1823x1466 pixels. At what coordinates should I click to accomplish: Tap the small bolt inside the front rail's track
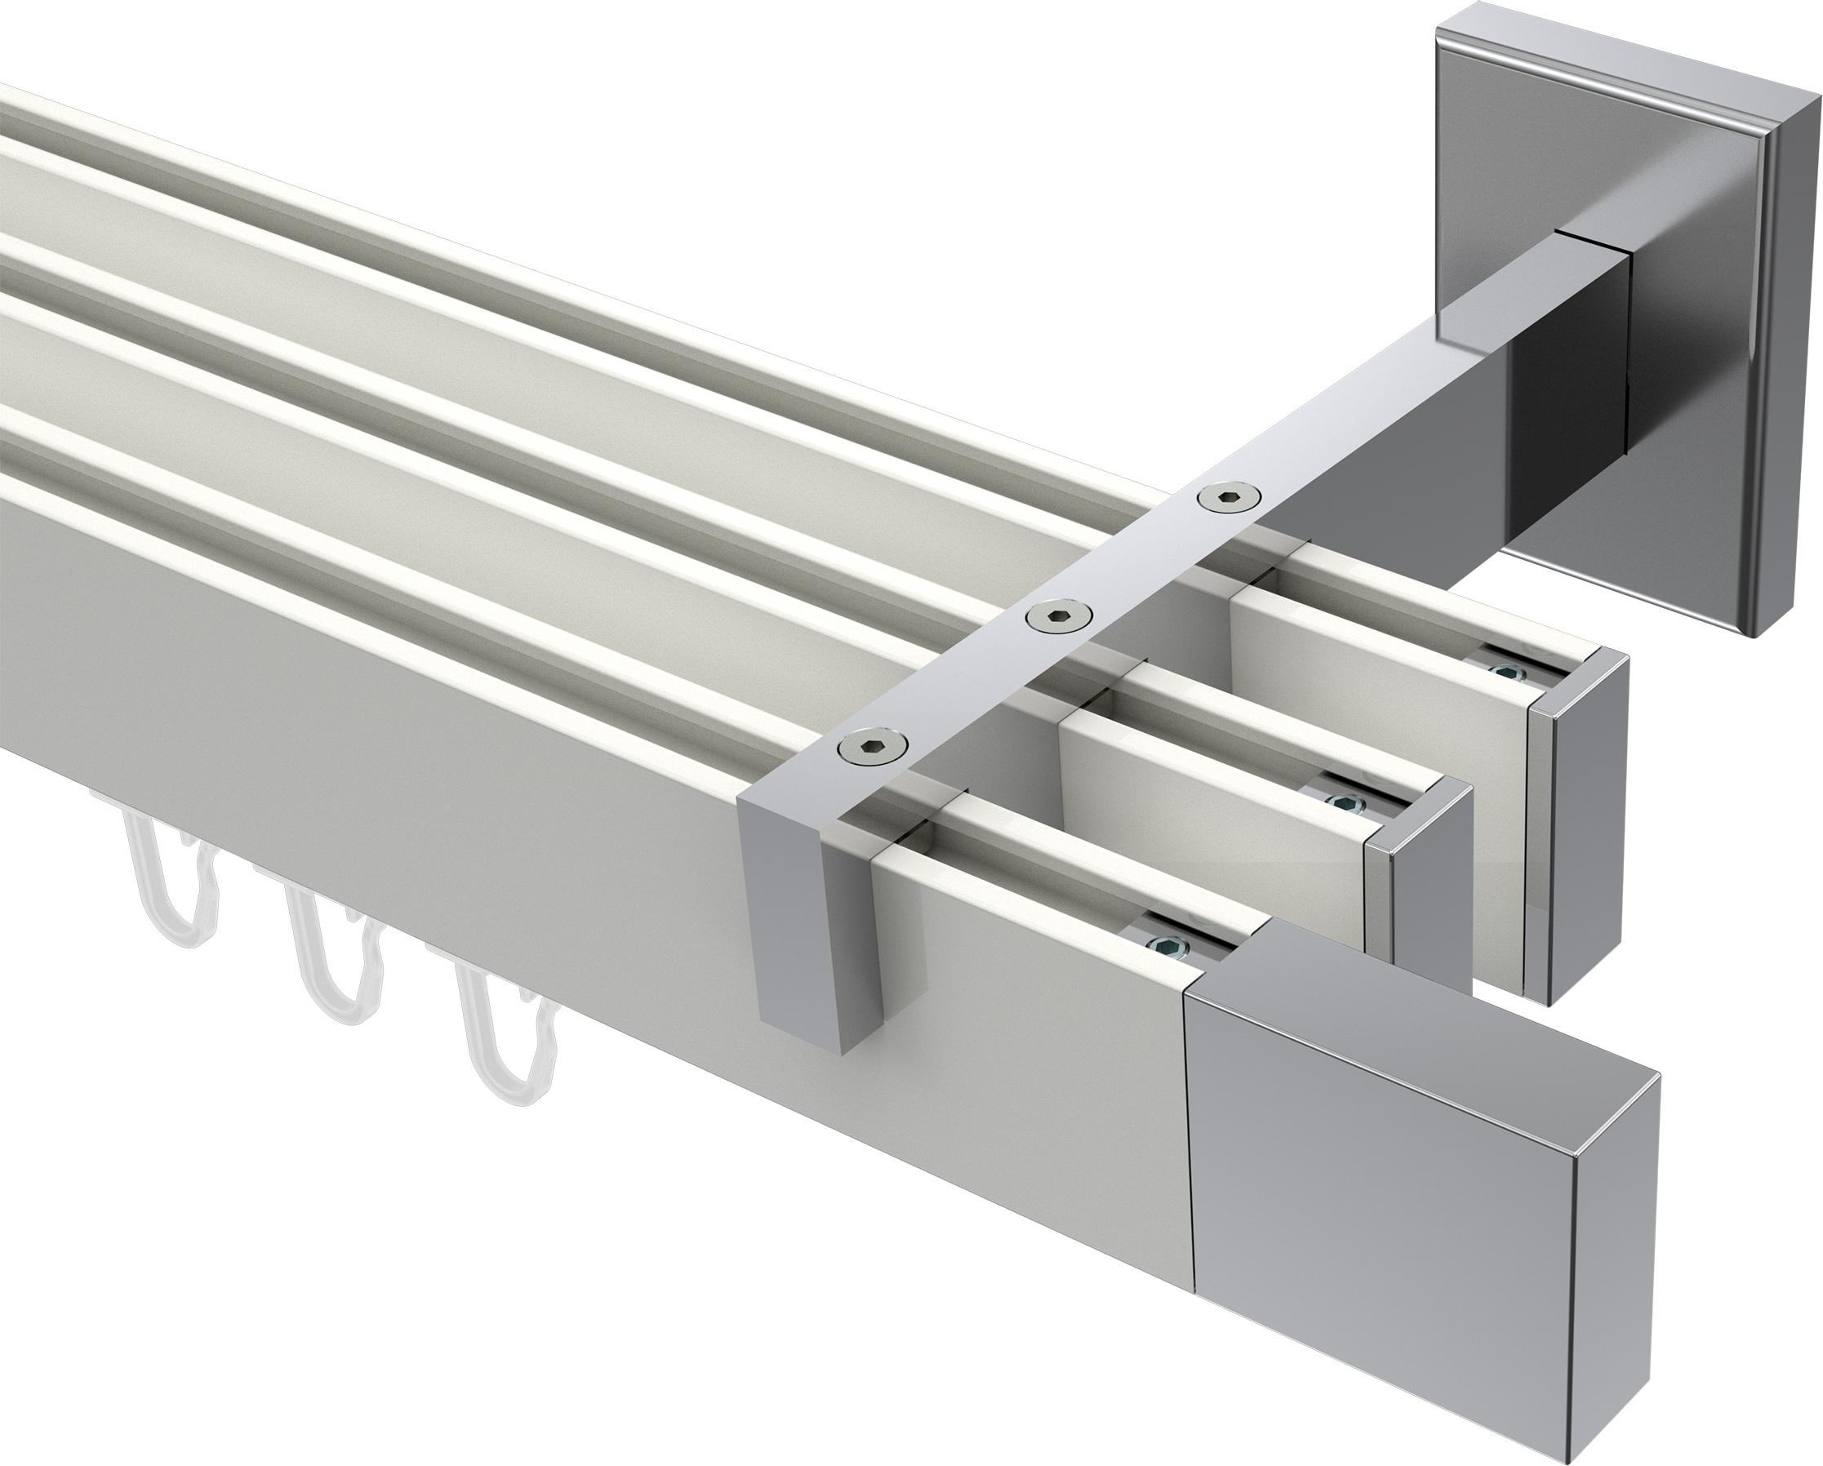pyautogui.click(x=1168, y=946)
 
